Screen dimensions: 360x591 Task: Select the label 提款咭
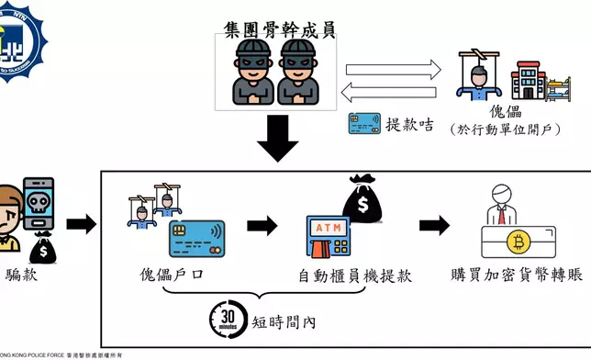[x=409, y=125]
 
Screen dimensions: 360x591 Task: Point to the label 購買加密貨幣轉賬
[x=517, y=276]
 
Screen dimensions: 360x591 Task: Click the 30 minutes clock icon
[x=227, y=317]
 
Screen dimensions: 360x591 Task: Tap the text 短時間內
[x=284, y=321]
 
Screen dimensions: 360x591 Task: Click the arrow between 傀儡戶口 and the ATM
[x=262, y=226]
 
